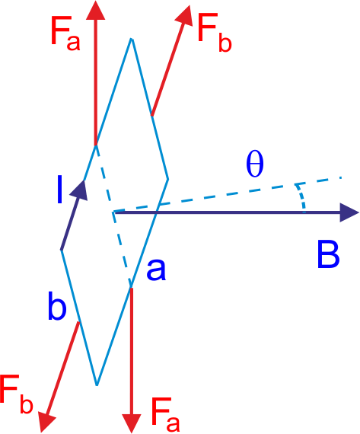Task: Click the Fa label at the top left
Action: click(x=65, y=34)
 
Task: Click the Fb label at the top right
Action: click(x=215, y=34)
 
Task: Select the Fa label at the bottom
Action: click(x=165, y=415)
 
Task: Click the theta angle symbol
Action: click(x=255, y=164)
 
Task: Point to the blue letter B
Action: click(x=328, y=254)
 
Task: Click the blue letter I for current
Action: click(x=59, y=190)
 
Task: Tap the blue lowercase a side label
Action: click(x=156, y=270)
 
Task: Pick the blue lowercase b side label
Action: click(x=57, y=305)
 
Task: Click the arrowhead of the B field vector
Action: click(x=349, y=212)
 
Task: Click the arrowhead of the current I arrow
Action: click(x=80, y=190)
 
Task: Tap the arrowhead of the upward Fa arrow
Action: click(x=96, y=11)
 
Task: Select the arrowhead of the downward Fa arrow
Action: click(x=132, y=423)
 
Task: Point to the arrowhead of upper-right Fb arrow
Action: click(x=185, y=15)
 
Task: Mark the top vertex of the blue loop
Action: click(x=132, y=39)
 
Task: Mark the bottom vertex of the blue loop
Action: click(x=97, y=385)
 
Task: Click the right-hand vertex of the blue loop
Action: click(x=168, y=179)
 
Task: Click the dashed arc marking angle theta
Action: click(x=301, y=196)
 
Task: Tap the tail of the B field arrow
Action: click(x=114, y=212)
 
